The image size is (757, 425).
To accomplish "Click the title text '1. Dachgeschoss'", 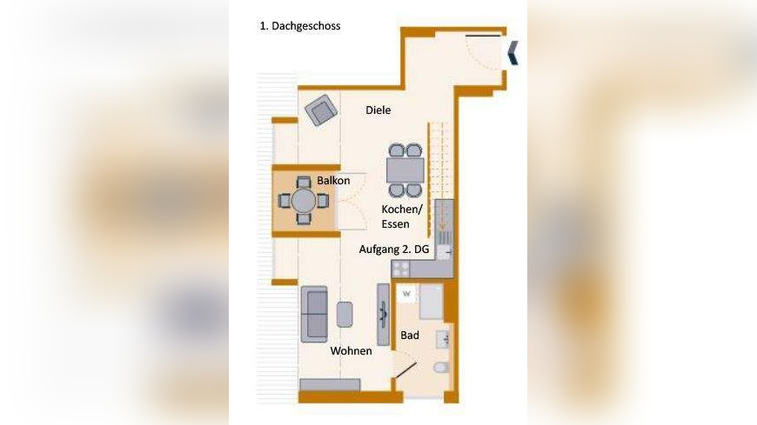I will (x=300, y=26).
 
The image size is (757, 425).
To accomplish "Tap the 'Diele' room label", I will (x=378, y=110).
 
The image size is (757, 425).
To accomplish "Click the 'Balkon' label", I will (x=333, y=181).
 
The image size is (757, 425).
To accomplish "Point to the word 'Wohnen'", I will (x=351, y=351).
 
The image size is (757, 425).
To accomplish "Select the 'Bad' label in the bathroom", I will (x=410, y=335).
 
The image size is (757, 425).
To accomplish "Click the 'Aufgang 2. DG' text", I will (x=394, y=249).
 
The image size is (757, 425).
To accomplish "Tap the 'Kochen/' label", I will (x=401, y=210).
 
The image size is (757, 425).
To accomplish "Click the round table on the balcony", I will (x=304, y=201).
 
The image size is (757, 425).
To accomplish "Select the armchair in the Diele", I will (x=321, y=110).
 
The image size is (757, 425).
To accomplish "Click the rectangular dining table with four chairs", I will (x=405, y=169).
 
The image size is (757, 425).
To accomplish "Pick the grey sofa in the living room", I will (x=314, y=314).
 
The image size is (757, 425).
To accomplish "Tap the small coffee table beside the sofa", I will (x=345, y=314).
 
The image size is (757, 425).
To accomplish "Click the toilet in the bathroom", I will (x=442, y=369).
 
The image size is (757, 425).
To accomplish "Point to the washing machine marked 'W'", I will (x=405, y=294).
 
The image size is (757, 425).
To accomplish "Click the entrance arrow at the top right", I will (x=514, y=53).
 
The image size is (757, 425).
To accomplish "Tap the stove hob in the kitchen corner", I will (x=400, y=269).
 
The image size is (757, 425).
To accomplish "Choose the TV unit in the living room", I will (x=383, y=315).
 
